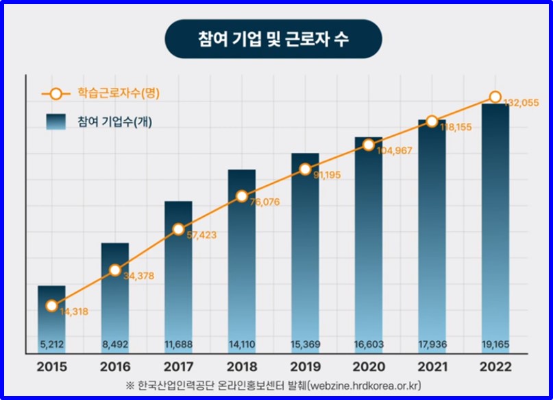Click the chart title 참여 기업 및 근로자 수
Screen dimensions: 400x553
(x=273, y=38)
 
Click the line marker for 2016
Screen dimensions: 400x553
(x=115, y=270)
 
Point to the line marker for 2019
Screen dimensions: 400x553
(x=305, y=169)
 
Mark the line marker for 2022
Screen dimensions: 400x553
(x=495, y=97)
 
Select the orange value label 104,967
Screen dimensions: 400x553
(x=393, y=151)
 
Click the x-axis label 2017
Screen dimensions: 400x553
(x=178, y=367)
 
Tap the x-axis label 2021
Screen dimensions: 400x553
(x=432, y=367)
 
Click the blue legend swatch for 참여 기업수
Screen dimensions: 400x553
(x=56, y=121)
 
